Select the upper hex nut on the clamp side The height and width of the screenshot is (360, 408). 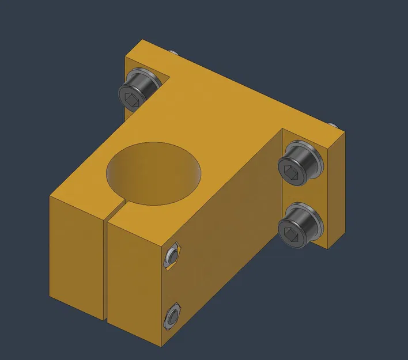click(x=171, y=256)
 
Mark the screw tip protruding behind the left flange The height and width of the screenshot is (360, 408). click(x=175, y=54)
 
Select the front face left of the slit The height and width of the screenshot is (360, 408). click(x=78, y=253)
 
